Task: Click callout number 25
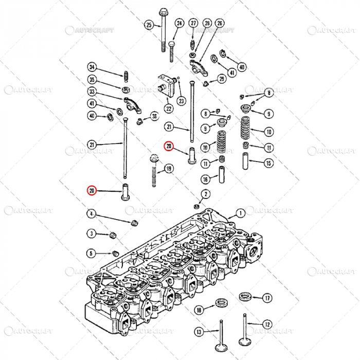(149, 25)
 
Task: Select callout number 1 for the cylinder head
(240, 213)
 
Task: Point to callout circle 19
(169, 169)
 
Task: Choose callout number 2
(206, 194)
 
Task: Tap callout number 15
(268, 164)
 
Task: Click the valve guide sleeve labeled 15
(246, 160)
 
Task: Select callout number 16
(205, 179)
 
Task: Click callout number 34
(92, 67)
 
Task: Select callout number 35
(92, 80)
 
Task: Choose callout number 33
(92, 92)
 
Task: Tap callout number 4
(91, 214)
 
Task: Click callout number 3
(91, 233)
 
